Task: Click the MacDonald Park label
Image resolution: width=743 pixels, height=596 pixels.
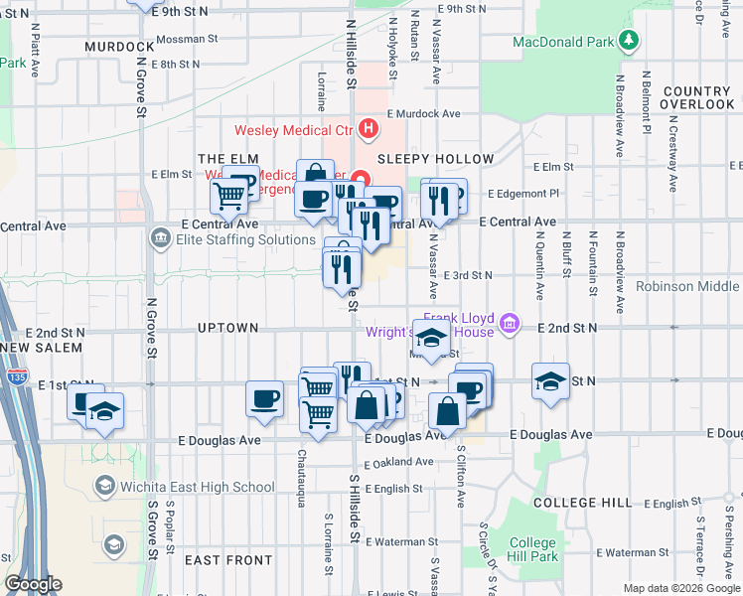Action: (563, 42)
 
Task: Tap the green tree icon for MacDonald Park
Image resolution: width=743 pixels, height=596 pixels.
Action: (628, 41)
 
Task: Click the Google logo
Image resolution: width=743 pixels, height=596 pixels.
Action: (33, 585)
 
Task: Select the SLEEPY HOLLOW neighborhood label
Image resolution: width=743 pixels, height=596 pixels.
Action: (434, 159)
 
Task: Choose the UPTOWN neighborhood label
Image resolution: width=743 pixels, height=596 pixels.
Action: (227, 328)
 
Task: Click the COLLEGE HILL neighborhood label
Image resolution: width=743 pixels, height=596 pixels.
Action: (582, 503)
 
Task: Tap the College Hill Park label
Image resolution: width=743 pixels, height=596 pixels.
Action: (532, 549)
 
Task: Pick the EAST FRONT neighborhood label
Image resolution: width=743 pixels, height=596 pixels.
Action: (228, 560)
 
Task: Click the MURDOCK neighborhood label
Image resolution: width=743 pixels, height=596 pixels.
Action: (119, 47)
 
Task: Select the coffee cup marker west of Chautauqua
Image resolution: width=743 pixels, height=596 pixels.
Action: (264, 398)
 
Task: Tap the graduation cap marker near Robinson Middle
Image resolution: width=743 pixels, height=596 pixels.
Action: (549, 381)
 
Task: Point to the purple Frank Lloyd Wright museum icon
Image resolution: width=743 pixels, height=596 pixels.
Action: (511, 322)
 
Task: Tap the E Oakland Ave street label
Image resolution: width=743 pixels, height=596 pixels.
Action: (398, 462)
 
